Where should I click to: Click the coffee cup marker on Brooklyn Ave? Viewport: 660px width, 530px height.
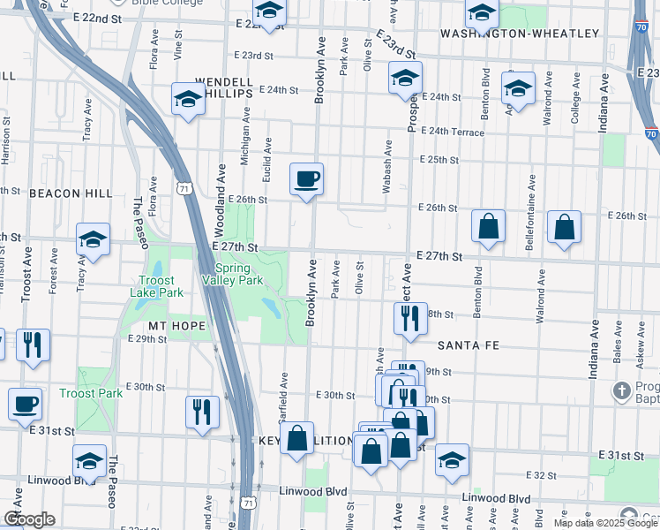click(306, 179)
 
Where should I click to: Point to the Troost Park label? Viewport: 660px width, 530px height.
click(91, 393)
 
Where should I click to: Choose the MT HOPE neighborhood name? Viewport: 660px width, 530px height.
click(177, 326)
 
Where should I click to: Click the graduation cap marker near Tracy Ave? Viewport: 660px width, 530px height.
click(93, 239)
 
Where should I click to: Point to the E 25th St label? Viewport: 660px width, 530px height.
click(439, 160)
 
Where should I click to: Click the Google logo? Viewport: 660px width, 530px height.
click(29, 519)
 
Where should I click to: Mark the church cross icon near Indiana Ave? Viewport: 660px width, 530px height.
click(624, 390)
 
